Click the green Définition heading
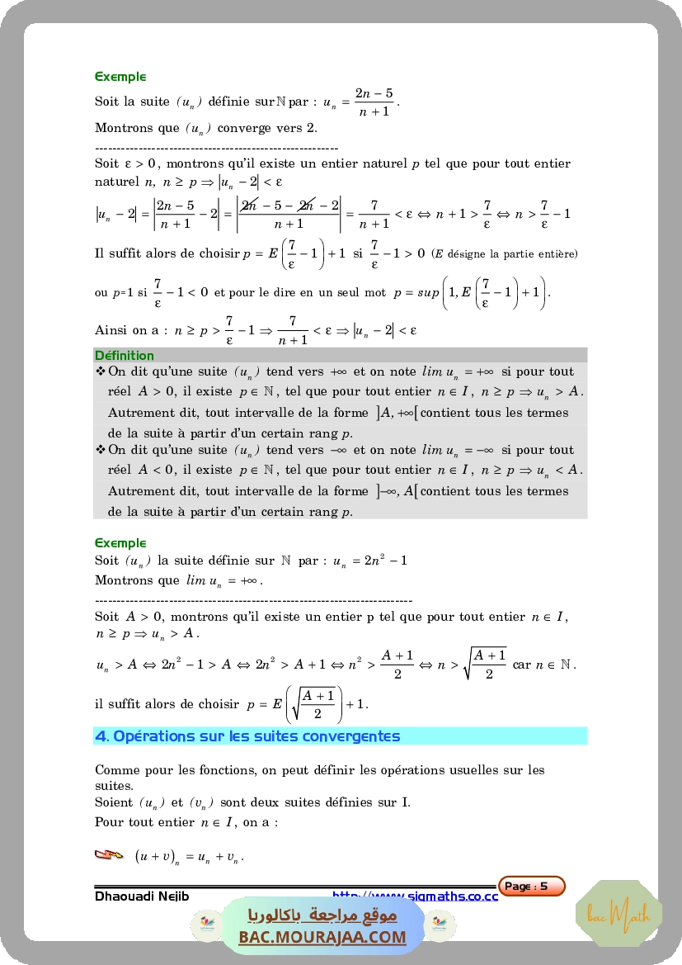point(125,356)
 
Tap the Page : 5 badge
point(532,887)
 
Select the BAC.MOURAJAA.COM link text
point(322,937)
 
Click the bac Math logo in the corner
point(630,914)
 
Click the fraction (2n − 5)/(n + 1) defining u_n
point(374,102)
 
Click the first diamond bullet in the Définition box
point(101,371)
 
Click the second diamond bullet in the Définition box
point(101,450)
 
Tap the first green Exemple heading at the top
point(120,77)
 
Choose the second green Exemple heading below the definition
point(120,543)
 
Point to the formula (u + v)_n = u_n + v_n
point(190,857)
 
